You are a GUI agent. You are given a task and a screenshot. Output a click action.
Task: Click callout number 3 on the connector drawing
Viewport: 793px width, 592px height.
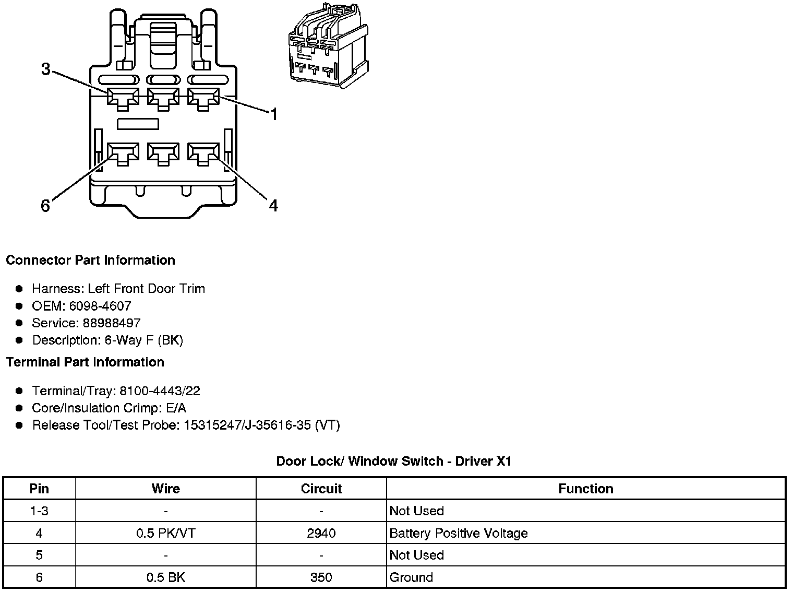(46, 69)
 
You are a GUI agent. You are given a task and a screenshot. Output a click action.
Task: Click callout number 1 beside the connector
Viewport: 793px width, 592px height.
(273, 114)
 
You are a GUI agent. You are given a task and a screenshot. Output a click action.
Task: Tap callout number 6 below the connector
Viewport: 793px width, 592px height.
(45, 206)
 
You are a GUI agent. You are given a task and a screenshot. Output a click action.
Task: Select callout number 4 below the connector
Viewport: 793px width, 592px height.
(273, 206)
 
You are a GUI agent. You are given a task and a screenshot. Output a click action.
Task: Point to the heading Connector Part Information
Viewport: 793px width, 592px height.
(90, 260)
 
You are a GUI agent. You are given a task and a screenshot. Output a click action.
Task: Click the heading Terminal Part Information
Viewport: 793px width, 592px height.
(85, 362)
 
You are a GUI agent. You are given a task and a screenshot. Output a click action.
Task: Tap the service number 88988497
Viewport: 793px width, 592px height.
(112, 323)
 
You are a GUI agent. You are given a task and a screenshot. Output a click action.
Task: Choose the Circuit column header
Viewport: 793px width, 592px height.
(321, 489)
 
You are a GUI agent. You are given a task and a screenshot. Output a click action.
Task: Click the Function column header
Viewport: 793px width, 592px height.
(585, 489)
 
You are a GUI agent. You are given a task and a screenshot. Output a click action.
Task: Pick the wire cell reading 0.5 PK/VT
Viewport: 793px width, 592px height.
(166, 533)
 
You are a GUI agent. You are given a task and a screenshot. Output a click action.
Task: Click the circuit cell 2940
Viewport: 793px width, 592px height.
(321, 533)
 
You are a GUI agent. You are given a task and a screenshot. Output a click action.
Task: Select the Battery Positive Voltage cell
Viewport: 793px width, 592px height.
(459, 533)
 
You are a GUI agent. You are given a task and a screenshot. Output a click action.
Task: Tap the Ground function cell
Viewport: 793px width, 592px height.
(411, 577)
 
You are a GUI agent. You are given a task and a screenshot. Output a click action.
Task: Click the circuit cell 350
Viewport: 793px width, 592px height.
(321, 577)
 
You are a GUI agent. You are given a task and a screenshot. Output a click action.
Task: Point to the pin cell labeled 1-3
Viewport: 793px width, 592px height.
(39, 511)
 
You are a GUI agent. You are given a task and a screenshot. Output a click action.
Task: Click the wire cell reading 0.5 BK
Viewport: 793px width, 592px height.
(166, 577)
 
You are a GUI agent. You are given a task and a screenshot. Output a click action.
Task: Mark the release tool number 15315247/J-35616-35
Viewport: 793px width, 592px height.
(248, 425)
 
